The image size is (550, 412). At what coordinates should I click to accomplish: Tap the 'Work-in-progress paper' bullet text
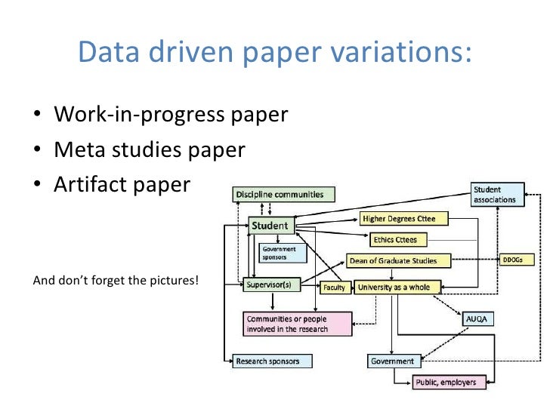click(x=171, y=115)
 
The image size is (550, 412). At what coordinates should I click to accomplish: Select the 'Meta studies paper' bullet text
click(x=150, y=150)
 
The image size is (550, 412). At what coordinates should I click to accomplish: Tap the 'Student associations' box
click(x=496, y=195)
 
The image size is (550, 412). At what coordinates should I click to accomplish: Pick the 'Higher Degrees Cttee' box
click(x=404, y=219)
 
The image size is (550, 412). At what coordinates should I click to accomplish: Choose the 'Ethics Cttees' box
click(x=395, y=240)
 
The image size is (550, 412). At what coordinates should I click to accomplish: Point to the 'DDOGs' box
click(x=518, y=260)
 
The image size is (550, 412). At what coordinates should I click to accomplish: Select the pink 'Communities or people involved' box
click(x=297, y=324)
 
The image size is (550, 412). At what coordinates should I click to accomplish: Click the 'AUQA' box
click(x=478, y=319)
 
